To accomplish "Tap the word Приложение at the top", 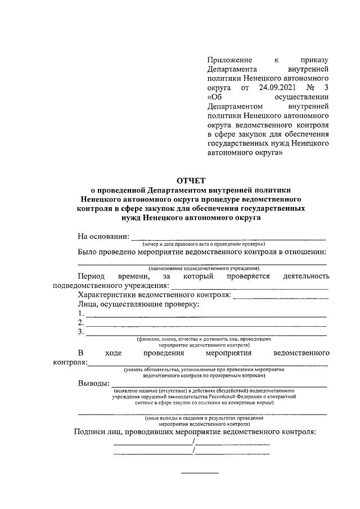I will (228, 59).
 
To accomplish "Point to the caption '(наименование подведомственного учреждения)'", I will (200, 269).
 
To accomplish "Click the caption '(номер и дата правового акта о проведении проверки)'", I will (203, 245).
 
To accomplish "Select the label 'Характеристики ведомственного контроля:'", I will (154, 295).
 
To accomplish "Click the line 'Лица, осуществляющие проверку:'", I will (138, 304).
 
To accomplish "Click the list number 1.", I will (81, 313).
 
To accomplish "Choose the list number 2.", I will (81, 323).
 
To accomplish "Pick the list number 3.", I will (81, 332).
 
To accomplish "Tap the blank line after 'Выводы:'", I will (219, 386).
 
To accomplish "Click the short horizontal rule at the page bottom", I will (199, 471).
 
